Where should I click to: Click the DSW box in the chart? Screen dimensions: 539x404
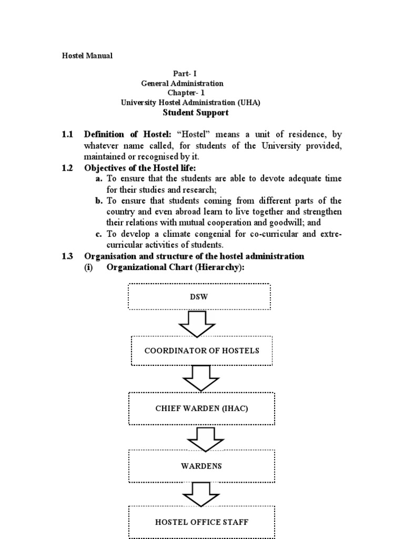point(199,297)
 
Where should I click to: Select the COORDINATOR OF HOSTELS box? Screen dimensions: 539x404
point(202,351)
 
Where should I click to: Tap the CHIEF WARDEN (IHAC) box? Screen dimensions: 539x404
point(202,408)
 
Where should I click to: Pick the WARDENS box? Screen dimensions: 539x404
point(201,466)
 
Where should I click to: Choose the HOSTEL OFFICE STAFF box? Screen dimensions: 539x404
point(201,522)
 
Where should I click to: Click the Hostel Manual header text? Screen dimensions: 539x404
point(88,55)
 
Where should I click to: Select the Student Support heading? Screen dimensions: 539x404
point(196,113)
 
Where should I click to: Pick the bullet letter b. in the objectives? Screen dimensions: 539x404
point(99,201)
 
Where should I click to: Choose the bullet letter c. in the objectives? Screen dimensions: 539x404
point(99,234)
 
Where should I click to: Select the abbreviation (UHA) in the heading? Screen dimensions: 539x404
point(250,103)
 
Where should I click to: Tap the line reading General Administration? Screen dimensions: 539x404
point(183,83)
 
